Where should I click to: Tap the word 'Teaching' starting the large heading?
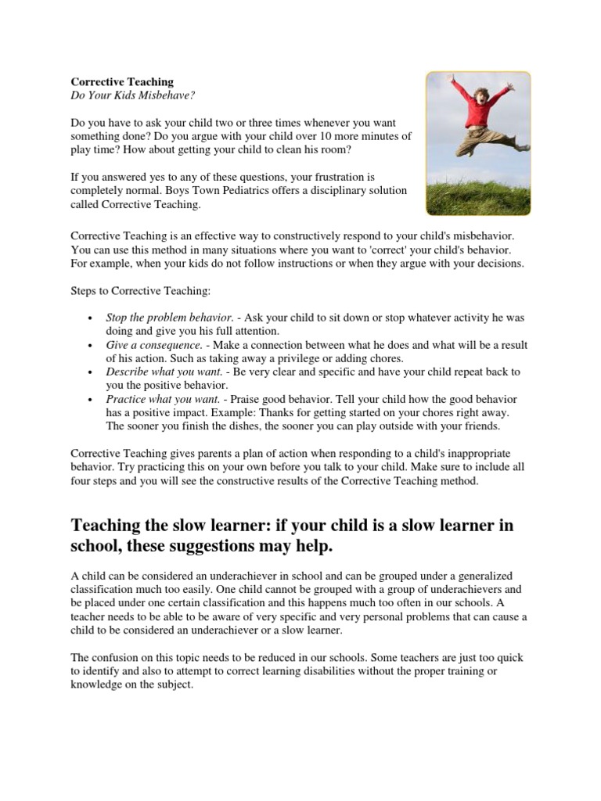click(106, 525)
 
